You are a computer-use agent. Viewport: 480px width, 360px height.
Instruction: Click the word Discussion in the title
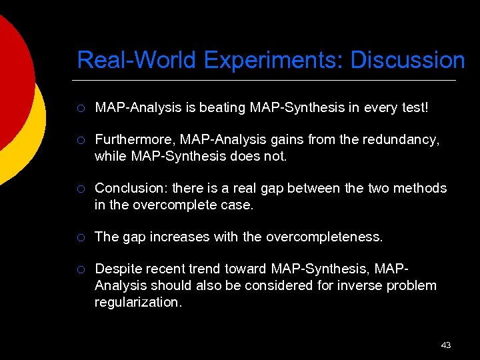point(407,61)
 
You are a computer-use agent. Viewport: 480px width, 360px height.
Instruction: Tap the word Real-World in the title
point(137,61)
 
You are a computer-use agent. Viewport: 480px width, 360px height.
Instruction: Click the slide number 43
point(446,345)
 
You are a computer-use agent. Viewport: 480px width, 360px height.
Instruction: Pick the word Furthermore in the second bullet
point(136,140)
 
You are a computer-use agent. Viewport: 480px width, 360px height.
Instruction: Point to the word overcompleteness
point(325,237)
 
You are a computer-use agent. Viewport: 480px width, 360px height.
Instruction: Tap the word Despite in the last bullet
point(117,269)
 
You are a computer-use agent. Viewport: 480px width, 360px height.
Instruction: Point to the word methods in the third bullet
point(421,189)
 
